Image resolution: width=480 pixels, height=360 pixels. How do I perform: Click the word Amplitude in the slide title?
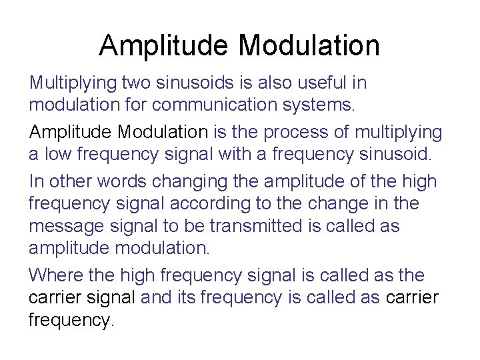(164, 45)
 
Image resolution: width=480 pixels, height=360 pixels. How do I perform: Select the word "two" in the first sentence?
(138, 83)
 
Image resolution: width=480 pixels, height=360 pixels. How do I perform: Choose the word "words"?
(124, 181)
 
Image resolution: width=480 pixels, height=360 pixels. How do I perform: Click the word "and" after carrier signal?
(156, 297)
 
